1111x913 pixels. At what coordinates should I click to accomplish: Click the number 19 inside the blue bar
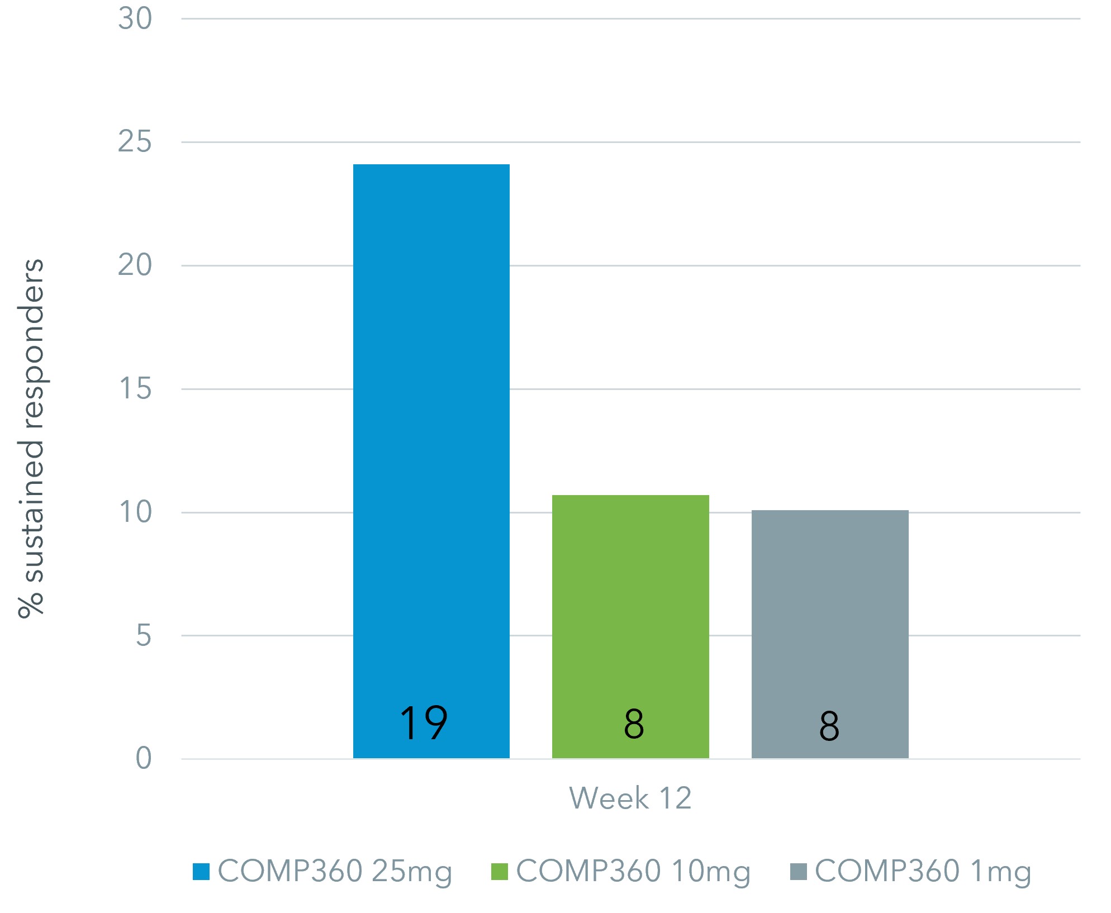pos(423,723)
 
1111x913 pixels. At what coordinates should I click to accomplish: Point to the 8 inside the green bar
pos(634,724)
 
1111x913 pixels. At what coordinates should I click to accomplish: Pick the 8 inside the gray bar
pos(829,726)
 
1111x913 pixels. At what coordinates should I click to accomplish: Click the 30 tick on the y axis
pos(135,19)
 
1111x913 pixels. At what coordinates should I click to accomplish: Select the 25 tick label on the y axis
pos(135,142)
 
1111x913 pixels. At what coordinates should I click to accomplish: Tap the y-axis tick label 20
pos(135,265)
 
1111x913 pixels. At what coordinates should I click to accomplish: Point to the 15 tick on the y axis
pos(135,389)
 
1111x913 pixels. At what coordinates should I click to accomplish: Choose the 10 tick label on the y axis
pos(135,512)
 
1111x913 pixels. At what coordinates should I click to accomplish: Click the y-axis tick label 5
pos(143,636)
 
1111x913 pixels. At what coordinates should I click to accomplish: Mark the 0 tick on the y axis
pos(143,759)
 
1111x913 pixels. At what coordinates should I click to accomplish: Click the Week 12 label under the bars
pos(630,798)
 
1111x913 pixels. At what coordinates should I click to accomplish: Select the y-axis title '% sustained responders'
pos(31,438)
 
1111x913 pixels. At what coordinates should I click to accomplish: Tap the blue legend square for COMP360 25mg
pos(201,872)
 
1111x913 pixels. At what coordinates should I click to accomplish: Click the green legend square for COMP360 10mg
pos(499,872)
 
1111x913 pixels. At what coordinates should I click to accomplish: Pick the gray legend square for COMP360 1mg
pos(798,872)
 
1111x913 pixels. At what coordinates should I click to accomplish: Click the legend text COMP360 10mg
pos(633,872)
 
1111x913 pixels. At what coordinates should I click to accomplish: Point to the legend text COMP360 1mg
pos(923,872)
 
